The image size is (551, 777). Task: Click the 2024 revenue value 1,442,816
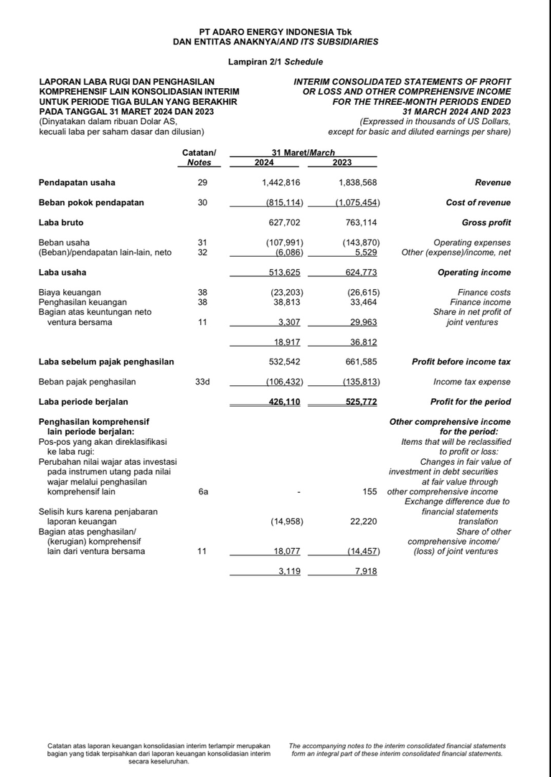pos(281,183)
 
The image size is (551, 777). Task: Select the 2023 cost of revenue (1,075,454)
pos(357,203)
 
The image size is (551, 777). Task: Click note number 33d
pos(202,382)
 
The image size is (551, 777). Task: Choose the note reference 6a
pos(202,492)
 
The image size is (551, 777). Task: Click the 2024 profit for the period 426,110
pos(284,402)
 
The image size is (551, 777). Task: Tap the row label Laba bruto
pos(60,223)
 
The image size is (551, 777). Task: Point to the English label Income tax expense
pos(472,382)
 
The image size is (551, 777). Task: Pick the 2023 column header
pos(342,163)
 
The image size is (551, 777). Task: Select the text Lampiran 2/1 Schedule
pos(275,62)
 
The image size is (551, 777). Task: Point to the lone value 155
pos(371,492)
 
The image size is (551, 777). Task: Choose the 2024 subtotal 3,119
pos(289,571)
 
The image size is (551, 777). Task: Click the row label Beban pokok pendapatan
pos(91,203)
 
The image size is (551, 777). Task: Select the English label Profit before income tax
pos(461,362)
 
